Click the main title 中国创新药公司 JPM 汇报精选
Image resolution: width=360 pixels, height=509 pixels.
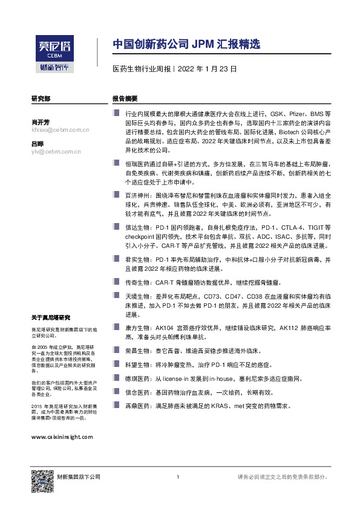click(x=186, y=44)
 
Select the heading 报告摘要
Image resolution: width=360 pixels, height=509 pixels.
click(x=125, y=98)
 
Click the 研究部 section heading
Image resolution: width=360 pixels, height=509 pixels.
click(x=41, y=98)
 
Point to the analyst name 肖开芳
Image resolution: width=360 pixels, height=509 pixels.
click(x=41, y=122)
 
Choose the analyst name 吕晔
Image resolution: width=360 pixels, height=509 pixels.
click(x=38, y=144)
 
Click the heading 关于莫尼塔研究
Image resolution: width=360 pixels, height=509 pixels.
click(x=51, y=317)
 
